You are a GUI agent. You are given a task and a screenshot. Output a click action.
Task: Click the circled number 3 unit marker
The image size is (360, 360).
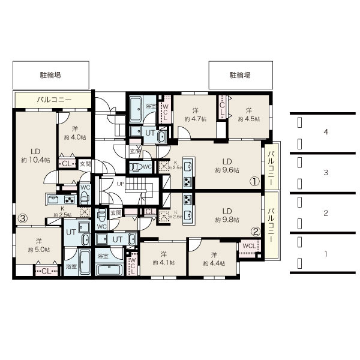pyautogui.click(x=23, y=218)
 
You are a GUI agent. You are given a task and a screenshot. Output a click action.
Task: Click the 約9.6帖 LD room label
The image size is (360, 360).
pyautogui.click(x=227, y=166)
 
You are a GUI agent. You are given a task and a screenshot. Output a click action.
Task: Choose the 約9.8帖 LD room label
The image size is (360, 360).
pyautogui.click(x=227, y=215)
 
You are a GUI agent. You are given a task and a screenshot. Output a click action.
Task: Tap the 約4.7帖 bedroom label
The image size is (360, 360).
pyautogui.click(x=196, y=115)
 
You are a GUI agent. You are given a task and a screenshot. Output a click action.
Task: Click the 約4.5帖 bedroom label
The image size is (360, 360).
pyautogui.click(x=248, y=115)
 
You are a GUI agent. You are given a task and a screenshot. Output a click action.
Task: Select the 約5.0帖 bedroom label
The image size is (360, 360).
pyautogui.click(x=38, y=245)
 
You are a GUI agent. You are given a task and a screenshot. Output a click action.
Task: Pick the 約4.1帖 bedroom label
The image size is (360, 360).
pyautogui.click(x=163, y=259)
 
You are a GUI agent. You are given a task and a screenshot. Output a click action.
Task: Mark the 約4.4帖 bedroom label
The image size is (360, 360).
pyautogui.click(x=213, y=259)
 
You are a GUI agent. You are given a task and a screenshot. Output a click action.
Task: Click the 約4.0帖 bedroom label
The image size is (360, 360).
pyautogui.click(x=74, y=133)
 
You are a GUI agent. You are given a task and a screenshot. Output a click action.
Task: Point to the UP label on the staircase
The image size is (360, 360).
pyautogui.click(x=120, y=183)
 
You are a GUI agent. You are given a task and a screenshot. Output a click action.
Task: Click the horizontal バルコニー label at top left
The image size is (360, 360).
pyautogui.click(x=54, y=99)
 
